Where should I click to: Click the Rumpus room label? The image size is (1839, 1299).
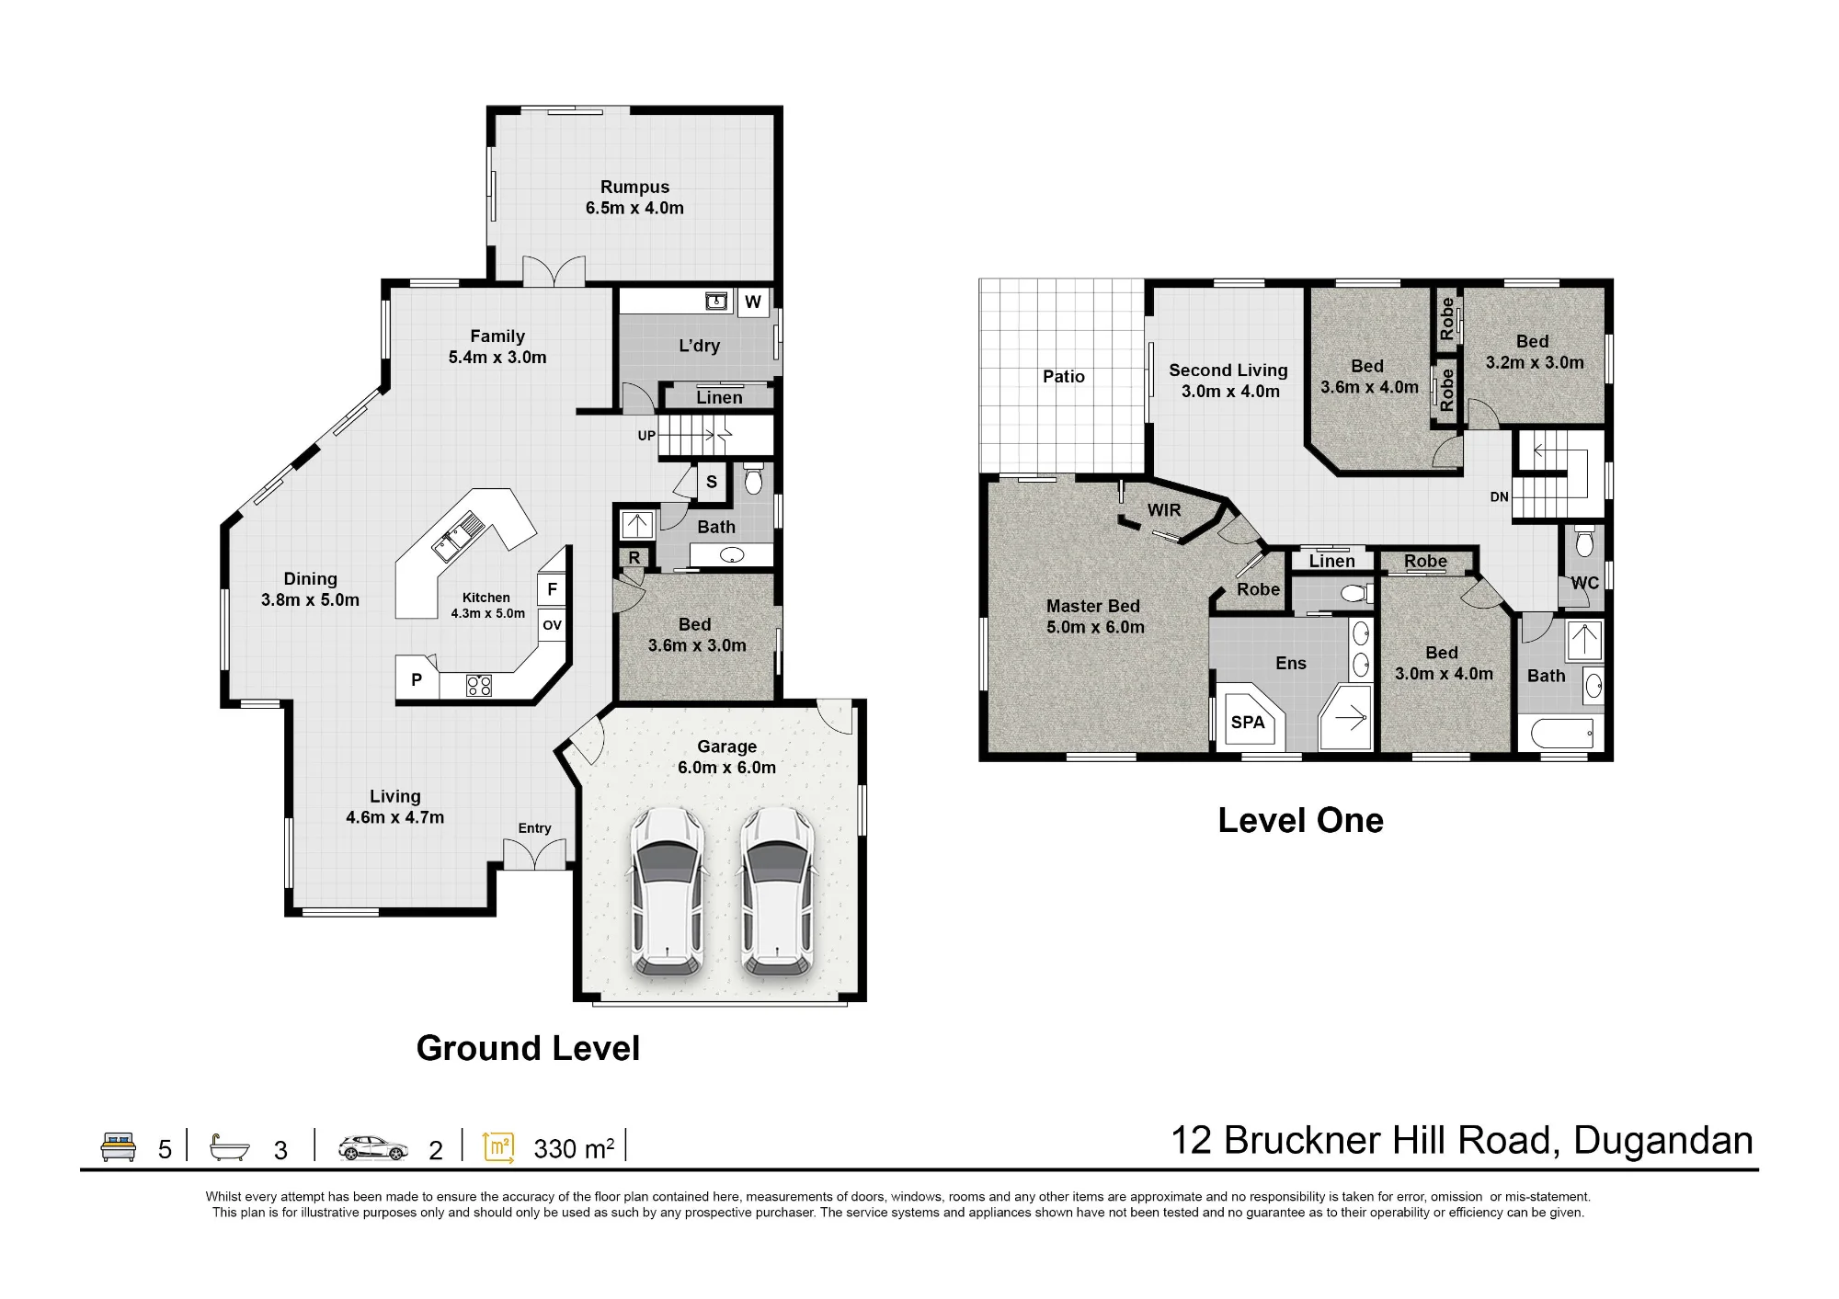[x=634, y=187]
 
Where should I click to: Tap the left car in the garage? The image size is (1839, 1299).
[x=668, y=892]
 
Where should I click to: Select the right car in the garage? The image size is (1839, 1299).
[x=778, y=892]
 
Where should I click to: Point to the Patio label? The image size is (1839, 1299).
[x=1064, y=376]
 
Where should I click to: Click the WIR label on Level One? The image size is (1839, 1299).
[x=1164, y=510]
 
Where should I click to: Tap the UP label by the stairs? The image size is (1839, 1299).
[x=646, y=436]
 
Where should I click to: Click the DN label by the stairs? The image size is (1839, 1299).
[x=1499, y=497]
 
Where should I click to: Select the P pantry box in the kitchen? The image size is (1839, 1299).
[x=417, y=679]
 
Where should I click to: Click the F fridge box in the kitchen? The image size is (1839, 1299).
[x=552, y=589]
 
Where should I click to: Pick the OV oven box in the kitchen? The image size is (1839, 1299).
[x=552, y=625]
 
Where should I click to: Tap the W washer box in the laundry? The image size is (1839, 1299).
[x=753, y=302]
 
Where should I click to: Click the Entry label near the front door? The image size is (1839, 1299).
[x=534, y=828]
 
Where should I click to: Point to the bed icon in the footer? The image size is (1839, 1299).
[x=118, y=1147]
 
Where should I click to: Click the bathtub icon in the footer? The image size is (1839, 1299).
[x=230, y=1147]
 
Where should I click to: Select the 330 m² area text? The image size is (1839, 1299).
[x=574, y=1148]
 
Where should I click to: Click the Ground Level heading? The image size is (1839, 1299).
[x=528, y=1048]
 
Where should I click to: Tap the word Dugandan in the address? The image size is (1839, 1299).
[x=1663, y=1141]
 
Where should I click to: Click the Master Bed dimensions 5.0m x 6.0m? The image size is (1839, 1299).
[x=1095, y=627]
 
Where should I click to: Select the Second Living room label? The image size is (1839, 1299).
[x=1228, y=370]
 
